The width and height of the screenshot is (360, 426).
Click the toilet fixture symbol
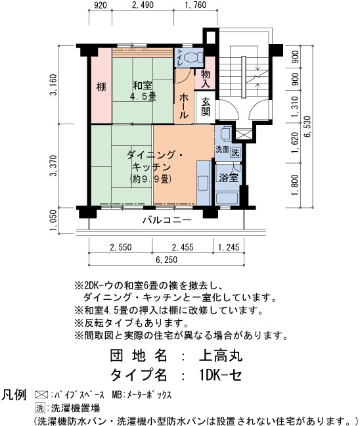[x=193, y=57]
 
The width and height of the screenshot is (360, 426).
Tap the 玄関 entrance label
[x=206, y=106]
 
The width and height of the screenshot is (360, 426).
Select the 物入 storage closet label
[x=206, y=78]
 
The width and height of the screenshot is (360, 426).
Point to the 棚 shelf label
[x=101, y=87]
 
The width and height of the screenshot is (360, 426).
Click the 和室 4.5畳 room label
[x=143, y=91]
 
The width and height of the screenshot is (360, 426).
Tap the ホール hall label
[x=183, y=106]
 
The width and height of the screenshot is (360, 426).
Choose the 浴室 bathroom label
[x=229, y=177]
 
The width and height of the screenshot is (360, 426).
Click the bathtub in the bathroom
[x=227, y=199]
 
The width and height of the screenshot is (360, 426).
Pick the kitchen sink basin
[x=203, y=183]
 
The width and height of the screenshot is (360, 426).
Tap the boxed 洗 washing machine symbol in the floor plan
[x=235, y=152]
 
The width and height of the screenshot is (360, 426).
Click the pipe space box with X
[x=242, y=135]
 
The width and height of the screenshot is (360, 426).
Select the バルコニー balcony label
[x=168, y=220]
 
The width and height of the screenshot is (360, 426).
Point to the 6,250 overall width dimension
[x=167, y=260]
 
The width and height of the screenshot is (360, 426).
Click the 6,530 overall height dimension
[x=308, y=127]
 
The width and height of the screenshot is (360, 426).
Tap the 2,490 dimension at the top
[x=143, y=5]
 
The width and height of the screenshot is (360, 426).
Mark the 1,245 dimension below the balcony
[x=229, y=247]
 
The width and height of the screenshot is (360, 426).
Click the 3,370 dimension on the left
[x=53, y=166]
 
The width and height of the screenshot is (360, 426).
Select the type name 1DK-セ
[x=220, y=375]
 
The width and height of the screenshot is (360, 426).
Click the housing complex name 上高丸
[x=221, y=356]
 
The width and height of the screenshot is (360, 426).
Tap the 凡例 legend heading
[x=14, y=394]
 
